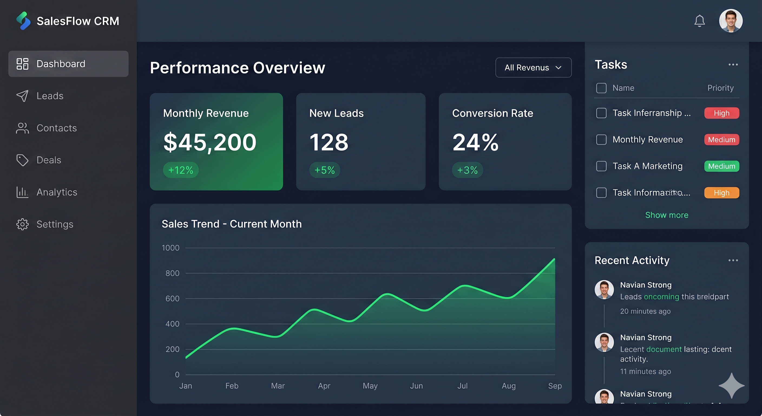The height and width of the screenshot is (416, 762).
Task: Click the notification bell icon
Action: coord(699,21)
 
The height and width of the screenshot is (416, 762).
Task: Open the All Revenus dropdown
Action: coord(533,67)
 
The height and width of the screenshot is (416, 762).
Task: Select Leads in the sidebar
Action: coord(50,96)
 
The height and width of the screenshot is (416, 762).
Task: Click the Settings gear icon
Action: coord(22,224)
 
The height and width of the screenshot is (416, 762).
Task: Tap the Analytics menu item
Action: coord(57,192)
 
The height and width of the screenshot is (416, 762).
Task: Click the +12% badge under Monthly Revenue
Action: coord(180,170)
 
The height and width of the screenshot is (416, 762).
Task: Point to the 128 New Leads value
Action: coord(329,142)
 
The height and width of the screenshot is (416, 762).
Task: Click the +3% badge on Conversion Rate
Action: coord(467,170)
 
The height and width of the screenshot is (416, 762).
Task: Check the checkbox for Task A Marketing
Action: coord(601,166)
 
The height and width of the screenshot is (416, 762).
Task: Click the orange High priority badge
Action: coord(721,193)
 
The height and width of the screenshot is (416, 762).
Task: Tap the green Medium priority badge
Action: coord(721,166)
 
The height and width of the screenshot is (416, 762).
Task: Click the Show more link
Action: coord(666,215)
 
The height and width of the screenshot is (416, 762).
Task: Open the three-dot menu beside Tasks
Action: coord(733,64)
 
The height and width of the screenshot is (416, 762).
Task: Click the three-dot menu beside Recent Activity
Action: coord(733,260)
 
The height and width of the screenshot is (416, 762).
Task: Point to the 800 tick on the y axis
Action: coord(172,273)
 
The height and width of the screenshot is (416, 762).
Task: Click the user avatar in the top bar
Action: coord(730,21)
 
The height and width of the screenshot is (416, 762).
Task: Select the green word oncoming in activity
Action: coord(661,296)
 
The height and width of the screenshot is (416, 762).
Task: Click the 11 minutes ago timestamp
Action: coord(645,371)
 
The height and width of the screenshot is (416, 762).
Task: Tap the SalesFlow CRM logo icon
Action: coord(23,21)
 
